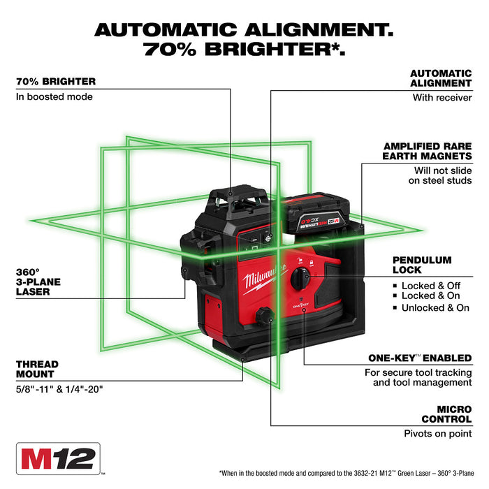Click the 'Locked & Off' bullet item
point(430,286)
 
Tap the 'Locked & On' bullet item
point(430,296)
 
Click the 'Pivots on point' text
point(437,434)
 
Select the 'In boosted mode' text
point(54,96)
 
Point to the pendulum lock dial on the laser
point(300,277)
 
